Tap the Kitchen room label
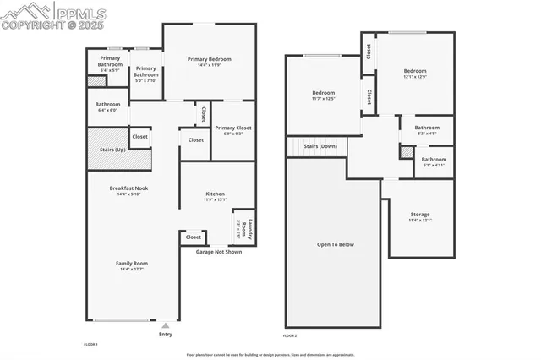tap(215, 196)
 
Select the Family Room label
tap(131, 265)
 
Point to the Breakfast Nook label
tap(128, 190)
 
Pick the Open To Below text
tap(336, 244)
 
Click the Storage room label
tap(420, 217)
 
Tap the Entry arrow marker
tap(166, 325)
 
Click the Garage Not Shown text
tap(219, 252)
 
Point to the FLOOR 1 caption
tap(91, 344)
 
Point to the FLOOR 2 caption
tap(291, 335)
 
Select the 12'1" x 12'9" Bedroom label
tap(414, 74)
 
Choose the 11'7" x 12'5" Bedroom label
tap(324, 95)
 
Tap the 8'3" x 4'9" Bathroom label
tap(427, 130)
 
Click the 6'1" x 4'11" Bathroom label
tap(434, 161)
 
